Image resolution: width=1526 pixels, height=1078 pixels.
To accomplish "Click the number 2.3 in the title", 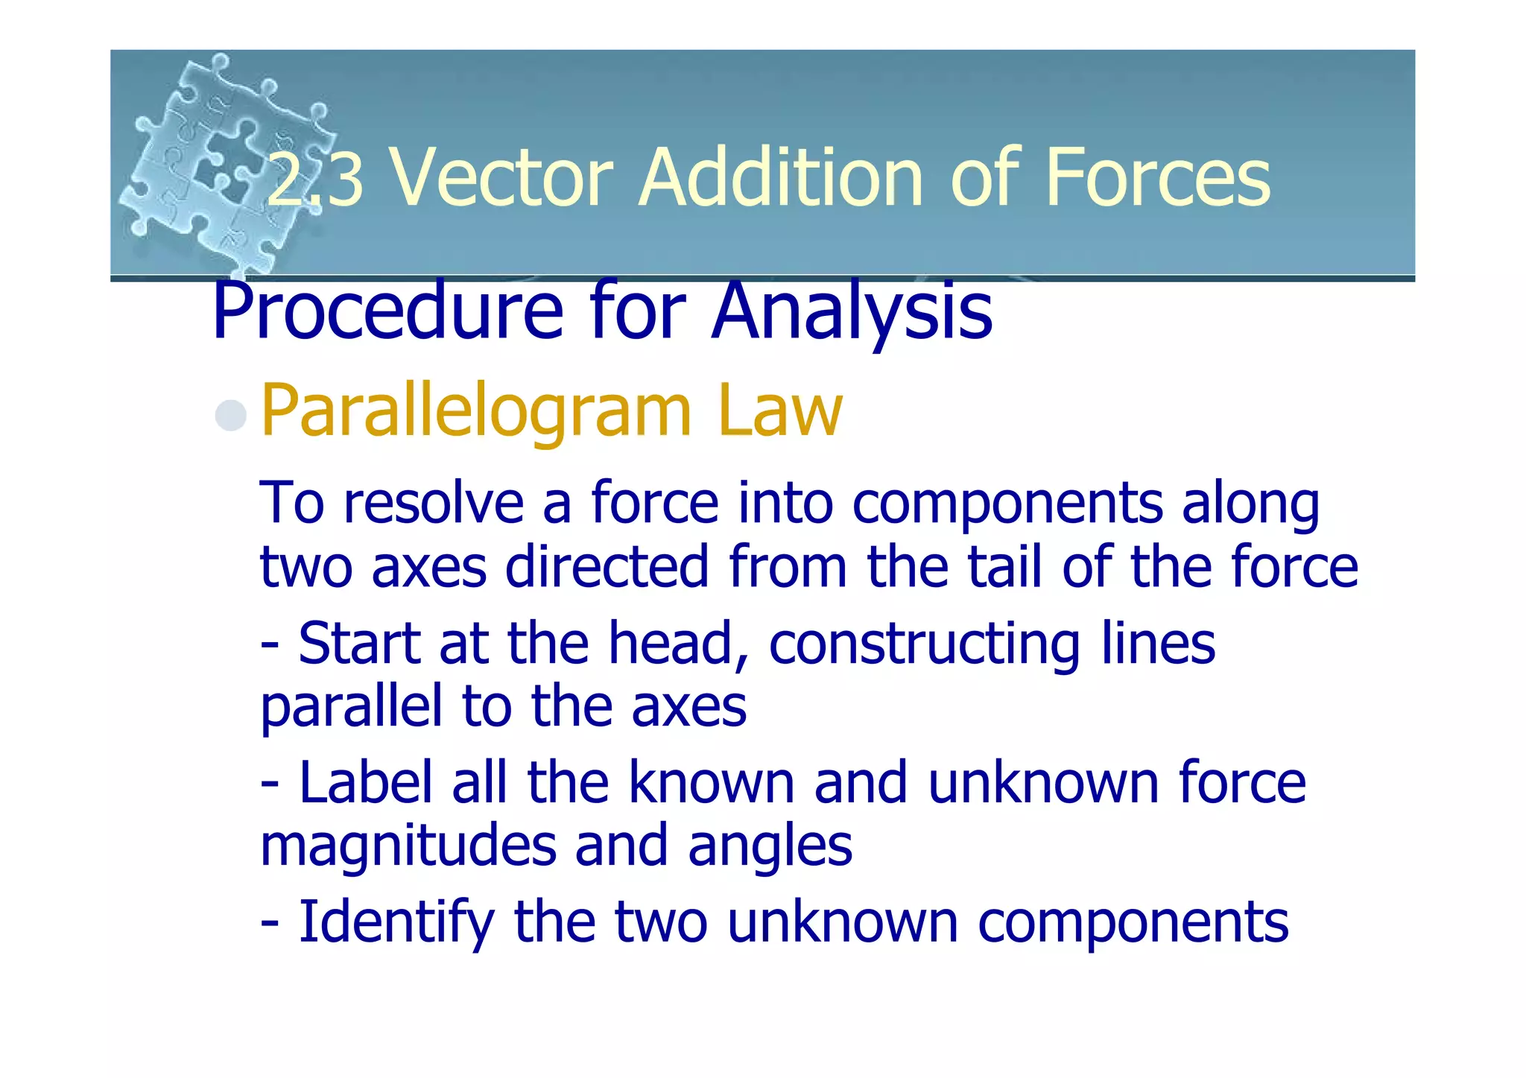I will (315, 179).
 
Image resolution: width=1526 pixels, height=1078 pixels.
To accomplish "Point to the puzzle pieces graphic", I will (224, 164).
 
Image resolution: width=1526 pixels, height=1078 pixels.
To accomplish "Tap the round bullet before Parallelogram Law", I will (230, 415).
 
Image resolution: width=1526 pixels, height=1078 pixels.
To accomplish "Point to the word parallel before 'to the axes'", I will (351, 708).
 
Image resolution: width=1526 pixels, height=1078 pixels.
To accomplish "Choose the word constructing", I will (924, 645).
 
